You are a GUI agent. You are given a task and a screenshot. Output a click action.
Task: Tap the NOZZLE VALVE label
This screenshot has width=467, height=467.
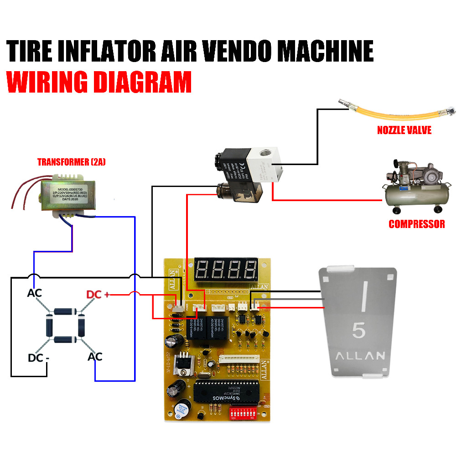click(404, 130)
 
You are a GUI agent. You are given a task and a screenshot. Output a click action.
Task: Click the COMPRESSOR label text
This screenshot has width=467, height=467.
click(416, 224)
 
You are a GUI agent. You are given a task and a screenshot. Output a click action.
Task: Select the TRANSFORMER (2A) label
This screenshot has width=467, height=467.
click(71, 162)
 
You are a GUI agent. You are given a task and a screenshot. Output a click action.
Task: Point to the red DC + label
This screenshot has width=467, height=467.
click(99, 295)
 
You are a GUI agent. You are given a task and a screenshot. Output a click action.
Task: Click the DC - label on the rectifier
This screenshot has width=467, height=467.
click(38, 358)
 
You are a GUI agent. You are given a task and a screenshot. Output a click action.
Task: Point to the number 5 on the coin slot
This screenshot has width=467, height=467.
click(358, 331)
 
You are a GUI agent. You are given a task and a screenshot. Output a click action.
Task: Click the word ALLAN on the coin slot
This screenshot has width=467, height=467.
click(360, 356)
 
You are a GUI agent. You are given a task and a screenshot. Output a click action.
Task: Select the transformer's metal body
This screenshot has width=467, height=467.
click(68, 195)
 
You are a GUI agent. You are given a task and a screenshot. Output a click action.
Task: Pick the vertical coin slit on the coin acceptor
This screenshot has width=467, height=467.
click(364, 297)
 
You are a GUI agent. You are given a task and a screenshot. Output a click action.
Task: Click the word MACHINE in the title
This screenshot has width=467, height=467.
click(326, 51)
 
